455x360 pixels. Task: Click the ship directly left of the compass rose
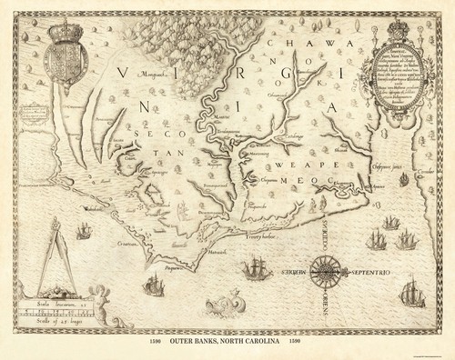pos(258,273)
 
